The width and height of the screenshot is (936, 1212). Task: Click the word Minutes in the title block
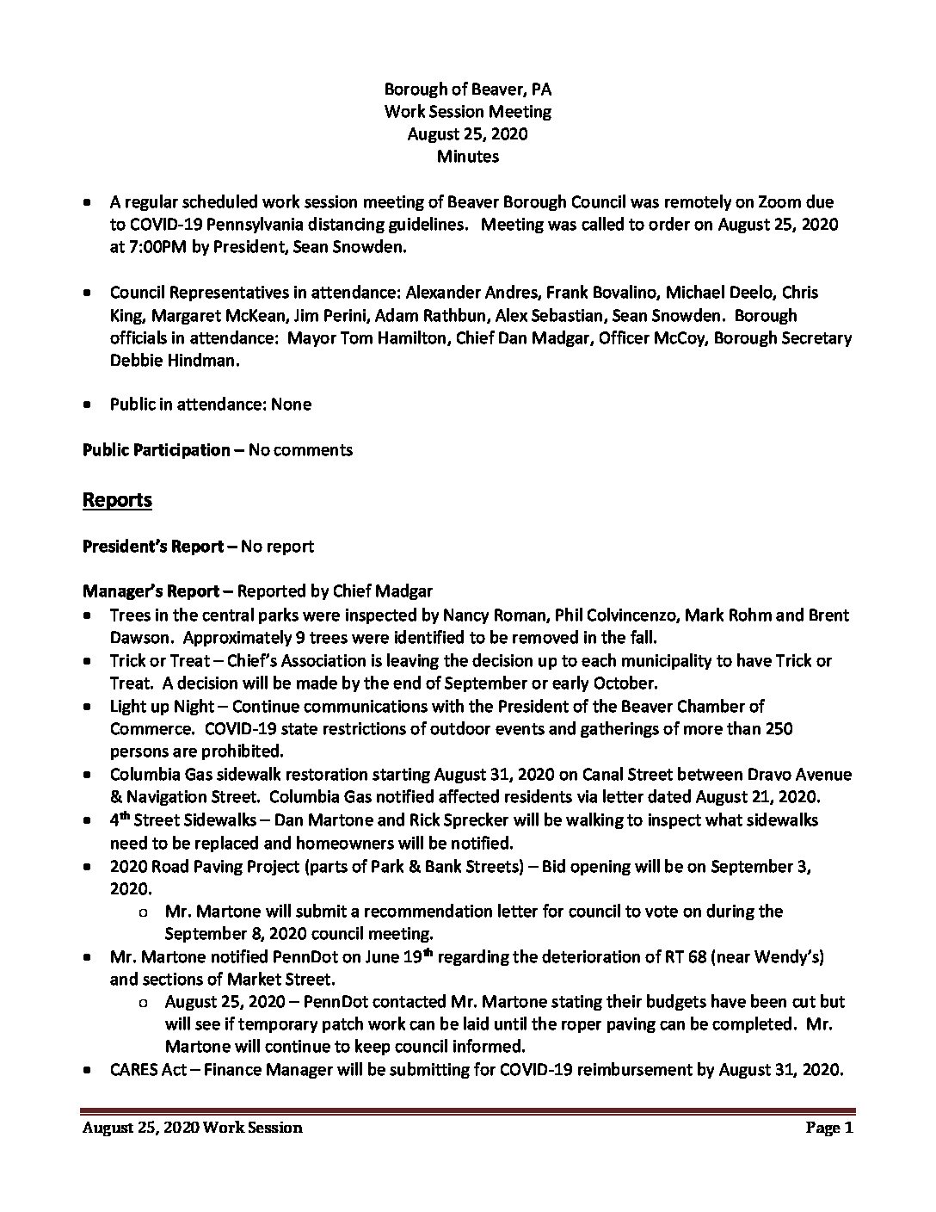(x=467, y=156)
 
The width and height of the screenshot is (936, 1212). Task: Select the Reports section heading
(x=117, y=499)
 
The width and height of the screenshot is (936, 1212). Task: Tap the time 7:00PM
(x=143, y=247)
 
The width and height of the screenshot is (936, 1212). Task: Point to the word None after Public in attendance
(x=291, y=404)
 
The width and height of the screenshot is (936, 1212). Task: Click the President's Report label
(x=157, y=546)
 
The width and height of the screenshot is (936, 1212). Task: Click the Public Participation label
(x=156, y=449)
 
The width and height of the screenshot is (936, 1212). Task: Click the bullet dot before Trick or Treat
(x=89, y=661)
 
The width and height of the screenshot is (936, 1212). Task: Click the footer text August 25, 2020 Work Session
(x=192, y=1128)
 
